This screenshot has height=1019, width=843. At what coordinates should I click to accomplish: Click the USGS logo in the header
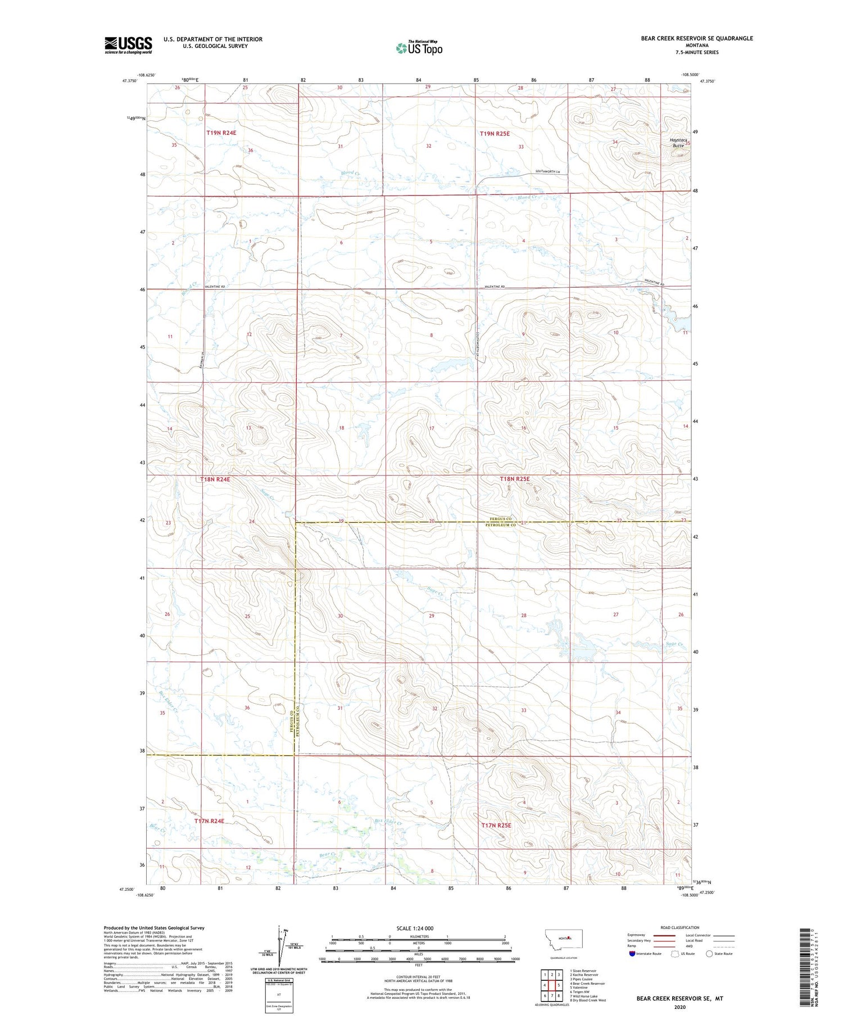pos(128,45)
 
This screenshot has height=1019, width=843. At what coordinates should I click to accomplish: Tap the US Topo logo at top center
pos(419,48)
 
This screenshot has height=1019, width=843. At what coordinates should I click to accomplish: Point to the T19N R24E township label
pos(221,133)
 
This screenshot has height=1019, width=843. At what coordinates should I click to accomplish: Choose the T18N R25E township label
pos(515,479)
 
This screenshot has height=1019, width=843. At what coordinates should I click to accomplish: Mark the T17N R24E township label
pos(209,821)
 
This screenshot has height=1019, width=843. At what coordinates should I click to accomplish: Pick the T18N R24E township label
pos(215,479)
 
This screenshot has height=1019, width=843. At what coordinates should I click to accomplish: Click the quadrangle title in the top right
pos(697,38)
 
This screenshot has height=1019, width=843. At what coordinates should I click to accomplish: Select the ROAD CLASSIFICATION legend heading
pos(680,927)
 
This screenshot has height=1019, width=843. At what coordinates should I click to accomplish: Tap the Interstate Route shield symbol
pos(632,954)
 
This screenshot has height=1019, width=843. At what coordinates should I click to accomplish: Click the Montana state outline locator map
pos(568,939)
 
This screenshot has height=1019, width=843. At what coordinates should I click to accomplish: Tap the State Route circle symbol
pos(709,954)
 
